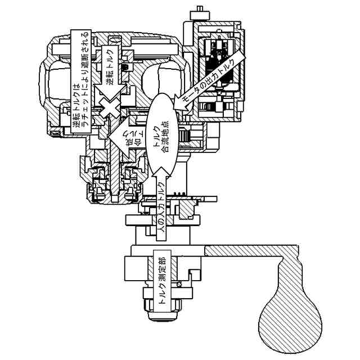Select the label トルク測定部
point(162,281)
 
